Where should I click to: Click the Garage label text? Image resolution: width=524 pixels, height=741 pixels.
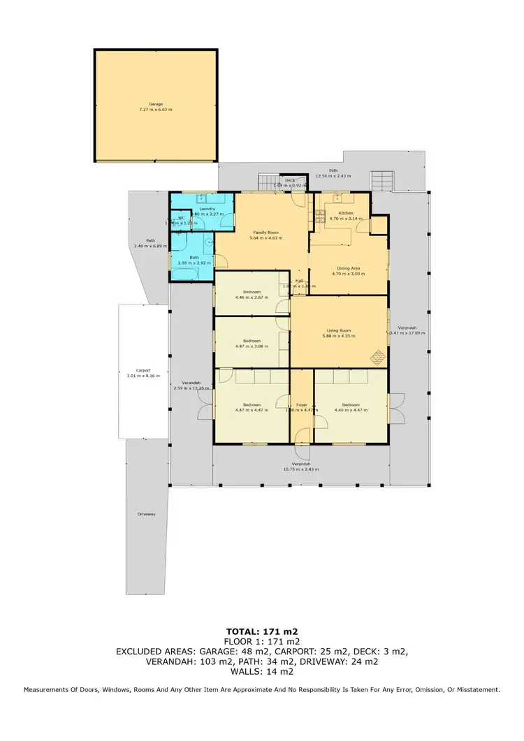click(x=155, y=104)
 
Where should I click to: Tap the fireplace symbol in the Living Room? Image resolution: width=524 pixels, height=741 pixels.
click(x=377, y=357)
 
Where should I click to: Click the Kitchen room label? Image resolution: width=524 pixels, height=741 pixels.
click(x=346, y=213)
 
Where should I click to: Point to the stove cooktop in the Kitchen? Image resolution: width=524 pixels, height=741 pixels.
click(x=321, y=213)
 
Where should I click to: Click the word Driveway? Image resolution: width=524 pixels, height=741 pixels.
click(x=146, y=514)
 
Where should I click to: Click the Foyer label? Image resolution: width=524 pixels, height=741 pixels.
click(x=301, y=405)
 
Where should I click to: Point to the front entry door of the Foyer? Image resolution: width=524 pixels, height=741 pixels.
click(x=301, y=437)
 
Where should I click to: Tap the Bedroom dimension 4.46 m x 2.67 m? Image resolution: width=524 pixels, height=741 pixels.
click(x=252, y=297)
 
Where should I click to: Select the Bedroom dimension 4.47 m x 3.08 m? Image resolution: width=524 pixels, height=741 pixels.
click(x=252, y=346)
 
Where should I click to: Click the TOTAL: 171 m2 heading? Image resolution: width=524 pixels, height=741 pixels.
click(x=262, y=632)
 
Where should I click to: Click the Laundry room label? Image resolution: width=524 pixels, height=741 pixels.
click(x=207, y=208)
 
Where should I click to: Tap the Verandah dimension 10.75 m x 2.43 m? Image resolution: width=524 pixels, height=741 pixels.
click(x=301, y=469)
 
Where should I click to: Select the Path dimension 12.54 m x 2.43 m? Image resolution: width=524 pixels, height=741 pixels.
click(x=333, y=176)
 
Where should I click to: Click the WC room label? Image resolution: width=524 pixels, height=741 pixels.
click(x=180, y=218)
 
